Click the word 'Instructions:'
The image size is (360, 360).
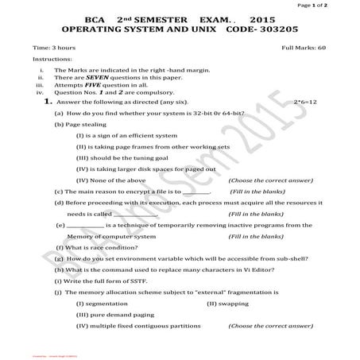pyautogui.click(x=52, y=60)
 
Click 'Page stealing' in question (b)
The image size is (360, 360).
pyautogui.click(x=82, y=125)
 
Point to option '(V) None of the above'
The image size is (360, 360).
pyautogui.click(x=110, y=180)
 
